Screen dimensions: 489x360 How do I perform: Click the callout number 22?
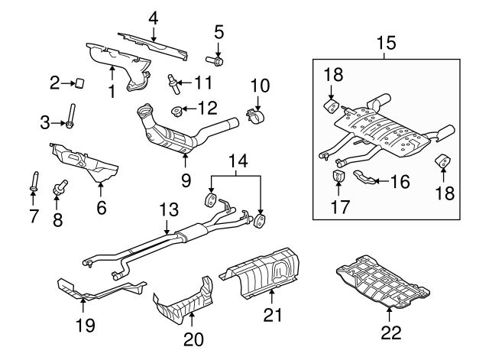pos(390,332)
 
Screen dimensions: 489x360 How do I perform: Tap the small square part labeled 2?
pos(79,83)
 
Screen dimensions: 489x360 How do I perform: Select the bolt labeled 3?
pos(71,117)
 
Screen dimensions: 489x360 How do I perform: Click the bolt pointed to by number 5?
pos(215,60)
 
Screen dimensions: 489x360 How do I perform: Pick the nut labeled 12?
pos(177,111)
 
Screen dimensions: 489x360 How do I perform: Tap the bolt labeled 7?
pos(34,181)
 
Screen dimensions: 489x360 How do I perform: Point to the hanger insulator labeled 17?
pos(338,176)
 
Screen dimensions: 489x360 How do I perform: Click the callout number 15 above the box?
pos(386,43)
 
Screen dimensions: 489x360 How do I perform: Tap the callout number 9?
pos(186,180)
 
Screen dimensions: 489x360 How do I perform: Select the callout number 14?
pos(238,161)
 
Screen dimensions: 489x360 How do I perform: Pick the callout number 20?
pos(193,339)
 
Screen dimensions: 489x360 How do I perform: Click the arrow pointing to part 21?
pos(272,297)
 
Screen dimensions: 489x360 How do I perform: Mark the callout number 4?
pos(153,18)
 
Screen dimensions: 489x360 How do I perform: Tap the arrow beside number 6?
pos(100,190)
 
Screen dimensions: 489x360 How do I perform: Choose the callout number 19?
pos(86,326)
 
